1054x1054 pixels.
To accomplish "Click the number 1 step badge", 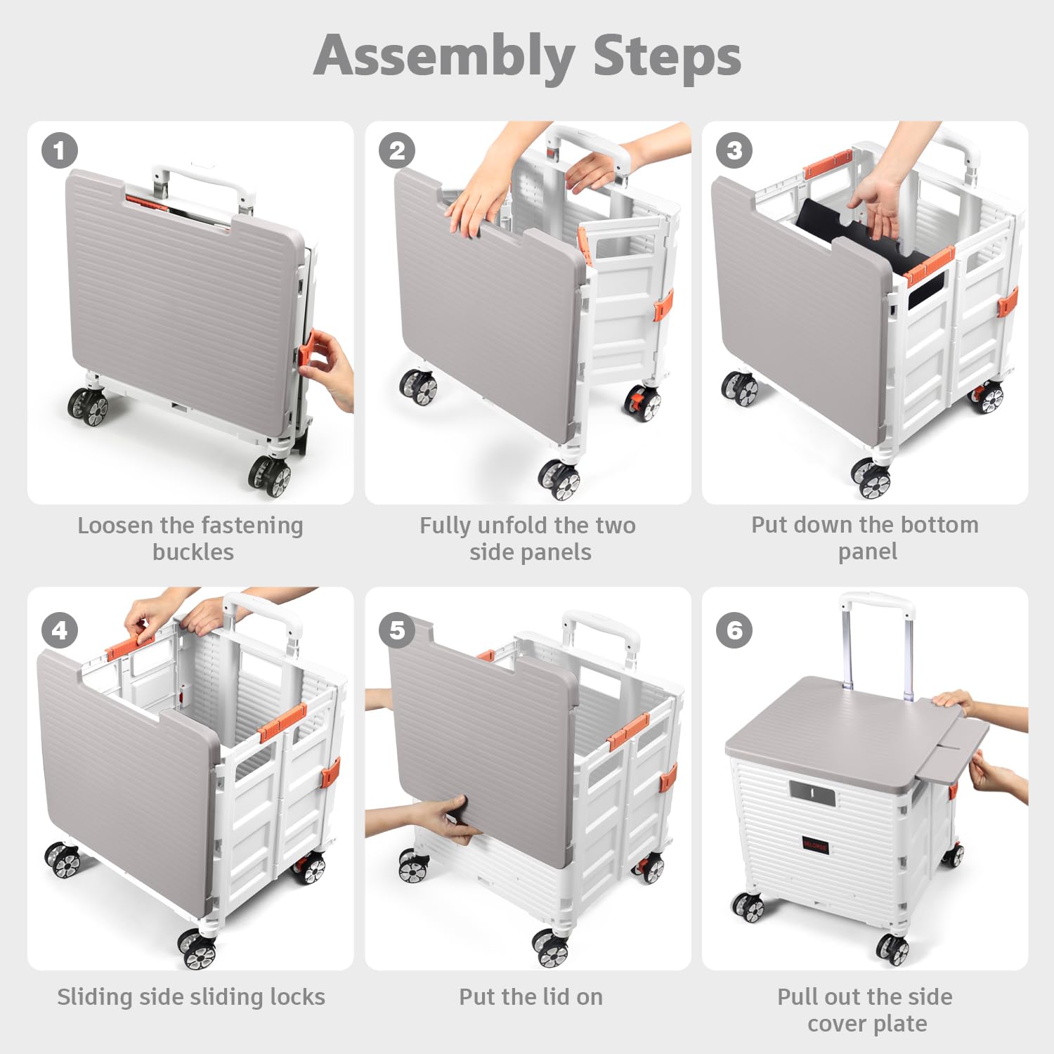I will [x=59, y=150].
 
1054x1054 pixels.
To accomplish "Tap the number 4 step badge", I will [x=59, y=630].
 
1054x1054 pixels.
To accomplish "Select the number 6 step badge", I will [x=734, y=630].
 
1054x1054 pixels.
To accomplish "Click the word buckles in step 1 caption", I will [x=193, y=552].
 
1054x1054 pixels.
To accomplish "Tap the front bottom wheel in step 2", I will [x=560, y=479].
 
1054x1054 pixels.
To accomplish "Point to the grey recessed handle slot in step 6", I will [x=813, y=794].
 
